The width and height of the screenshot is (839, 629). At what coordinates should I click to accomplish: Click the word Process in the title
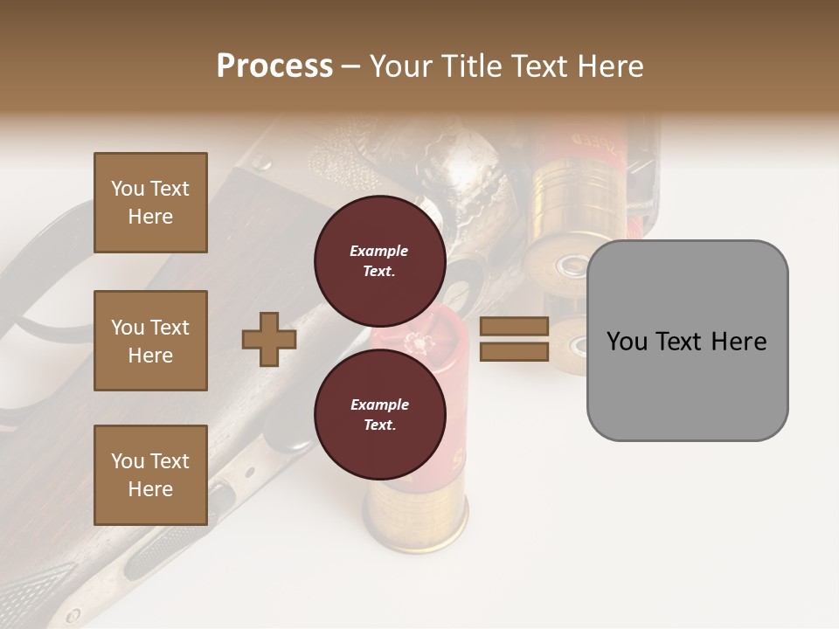click(x=274, y=66)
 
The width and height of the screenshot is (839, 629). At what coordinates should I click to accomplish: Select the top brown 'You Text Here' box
click(x=150, y=203)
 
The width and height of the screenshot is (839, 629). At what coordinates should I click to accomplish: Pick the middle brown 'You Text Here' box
click(x=150, y=341)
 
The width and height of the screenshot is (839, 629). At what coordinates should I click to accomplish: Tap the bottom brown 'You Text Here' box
click(x=150, y=475)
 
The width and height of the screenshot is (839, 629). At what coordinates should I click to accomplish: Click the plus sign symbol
click(x=269, y=340)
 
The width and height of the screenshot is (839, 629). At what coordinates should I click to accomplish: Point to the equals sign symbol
click(x=515, y=339)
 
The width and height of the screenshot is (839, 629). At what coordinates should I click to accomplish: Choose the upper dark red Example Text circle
click(x=379, y=260)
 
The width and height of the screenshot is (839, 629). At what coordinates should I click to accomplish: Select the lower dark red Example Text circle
click(x=379, y=414)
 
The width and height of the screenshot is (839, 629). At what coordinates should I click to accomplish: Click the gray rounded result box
click(x=687, y=384)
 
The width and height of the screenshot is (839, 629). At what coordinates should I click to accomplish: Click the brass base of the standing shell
click(x=416, y=521)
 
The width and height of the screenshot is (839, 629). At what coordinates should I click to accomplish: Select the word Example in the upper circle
click(x=379, y=251)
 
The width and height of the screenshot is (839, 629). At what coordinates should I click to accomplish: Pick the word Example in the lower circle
click(x=379, y=404)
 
